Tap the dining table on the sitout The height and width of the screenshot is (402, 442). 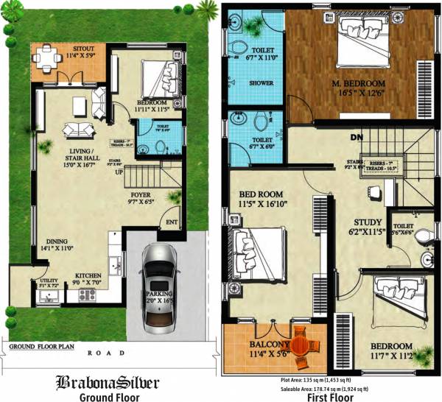click(49, 57)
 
